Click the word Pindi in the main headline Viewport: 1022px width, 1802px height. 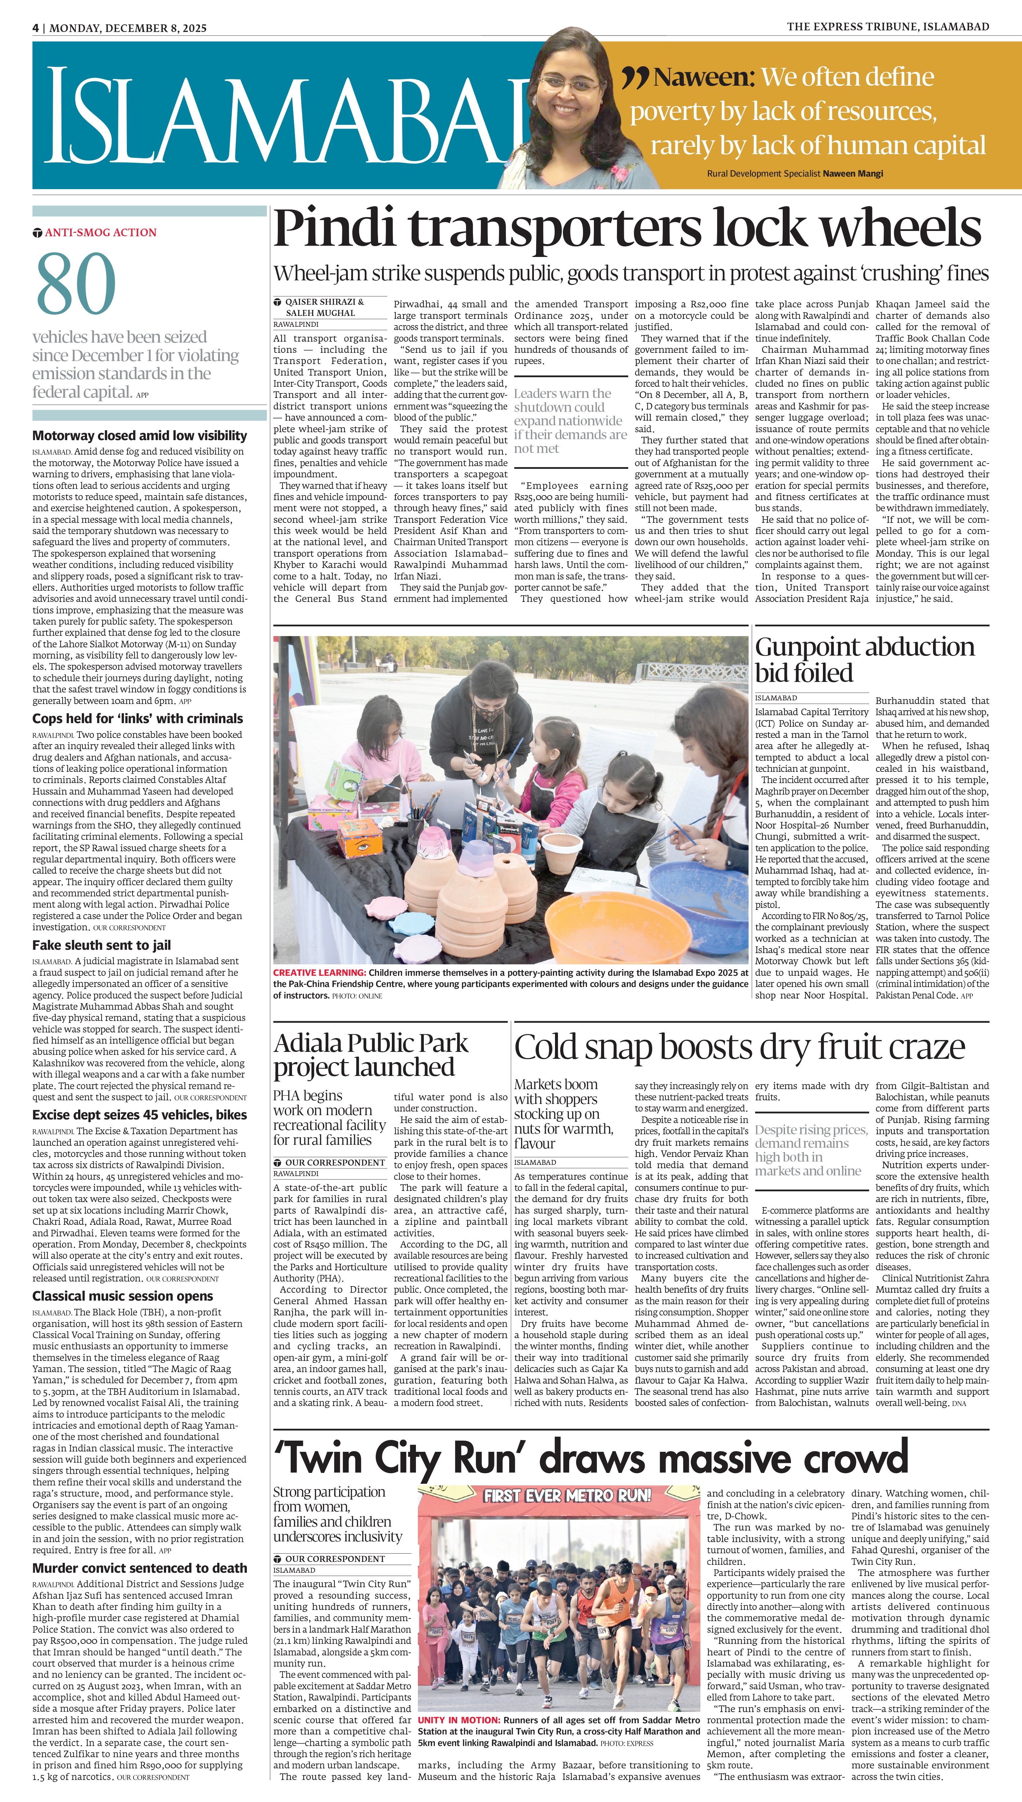(x=336, y=228)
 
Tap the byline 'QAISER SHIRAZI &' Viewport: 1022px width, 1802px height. (x=324, y=302)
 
